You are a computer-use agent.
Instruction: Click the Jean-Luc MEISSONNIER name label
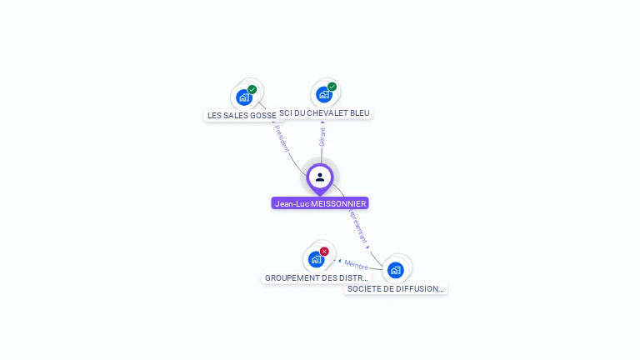click(x=320, y=203)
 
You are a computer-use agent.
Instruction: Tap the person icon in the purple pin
click(x=320, y=177)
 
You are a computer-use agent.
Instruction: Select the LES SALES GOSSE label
click(x=241, y=116)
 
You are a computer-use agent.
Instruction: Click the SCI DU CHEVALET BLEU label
click(x=325, y=113)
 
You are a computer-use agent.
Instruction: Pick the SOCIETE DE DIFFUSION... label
click(x=395, y=288)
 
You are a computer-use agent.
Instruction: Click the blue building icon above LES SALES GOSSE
click(x=243, y=97)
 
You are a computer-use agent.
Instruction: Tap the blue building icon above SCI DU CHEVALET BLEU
click(x=323, y=94)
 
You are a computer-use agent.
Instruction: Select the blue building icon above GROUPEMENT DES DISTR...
click(x=316, y=258)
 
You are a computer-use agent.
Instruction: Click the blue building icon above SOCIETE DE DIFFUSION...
click(x=395, y=269)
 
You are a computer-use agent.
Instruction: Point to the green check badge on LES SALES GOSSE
click(x=252, y=89)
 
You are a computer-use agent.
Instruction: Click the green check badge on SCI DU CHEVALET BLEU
click(x=332, y=87)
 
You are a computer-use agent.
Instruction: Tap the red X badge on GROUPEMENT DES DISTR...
click(x=324, y=252)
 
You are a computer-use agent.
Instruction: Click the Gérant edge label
click(x=322, y=137)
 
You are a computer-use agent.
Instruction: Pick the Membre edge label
click(x=356, y=264)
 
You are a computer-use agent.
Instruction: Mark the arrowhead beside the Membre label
click(x=339, y=261)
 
